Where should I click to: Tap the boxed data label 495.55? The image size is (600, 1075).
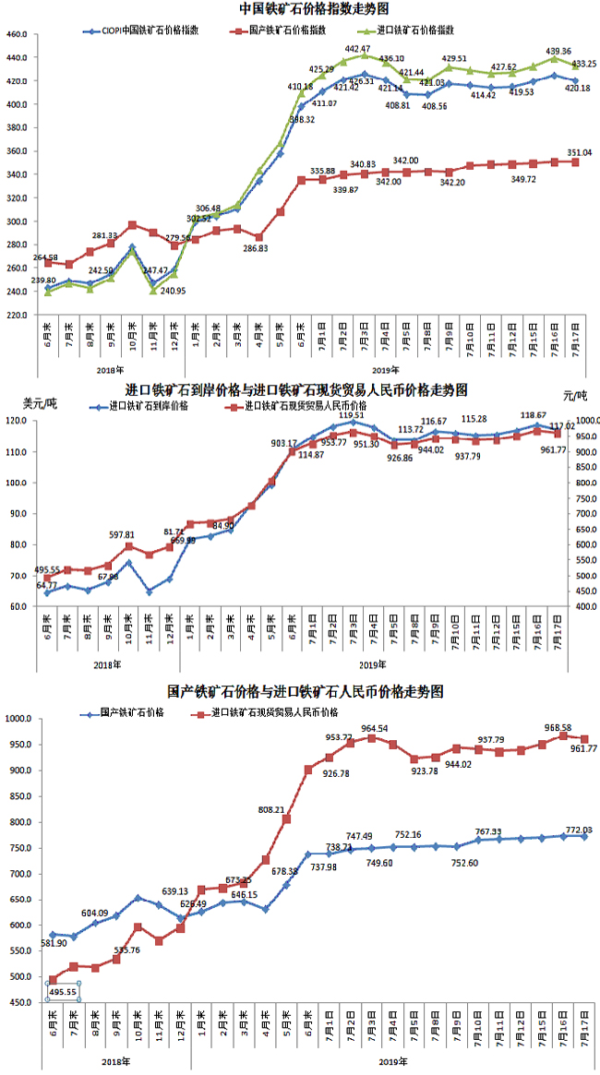65,993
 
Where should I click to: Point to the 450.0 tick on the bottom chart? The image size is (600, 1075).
17,1002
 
